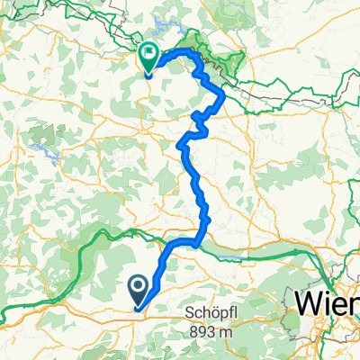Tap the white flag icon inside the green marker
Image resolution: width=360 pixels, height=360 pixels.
click(151, 54)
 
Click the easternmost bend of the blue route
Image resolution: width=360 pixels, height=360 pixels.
click(221, 99)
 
